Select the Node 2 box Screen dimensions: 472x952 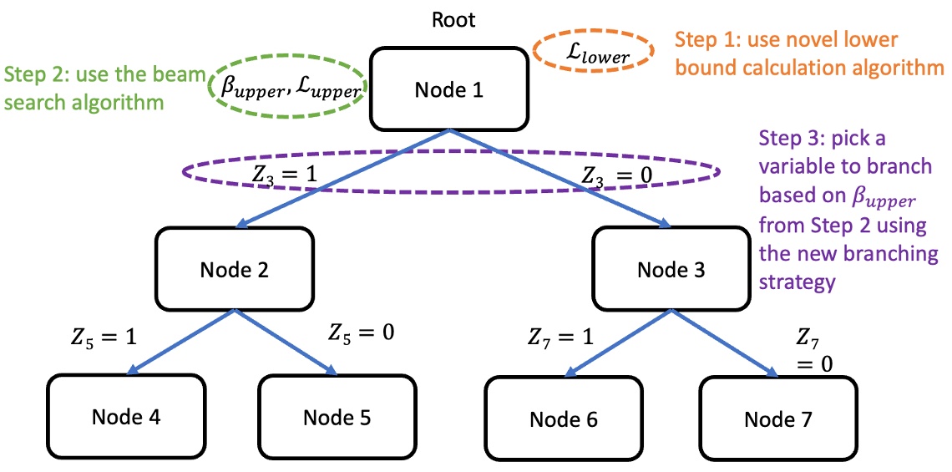pyautogui.click(x=234, y=269)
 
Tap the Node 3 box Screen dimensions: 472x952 pyautogui.click(x=671, y=269)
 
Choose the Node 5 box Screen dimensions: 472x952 pyautogui.click(x=337, y=416)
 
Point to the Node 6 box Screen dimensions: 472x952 pyautogui.click(x=564, y=419)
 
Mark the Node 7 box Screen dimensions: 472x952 pyautogui.click(x=777, y=419)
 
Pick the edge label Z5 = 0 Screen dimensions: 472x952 pyautogui.click(x=361, y=332)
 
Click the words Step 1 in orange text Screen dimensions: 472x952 pyautogui.click(x=701, y=39)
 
